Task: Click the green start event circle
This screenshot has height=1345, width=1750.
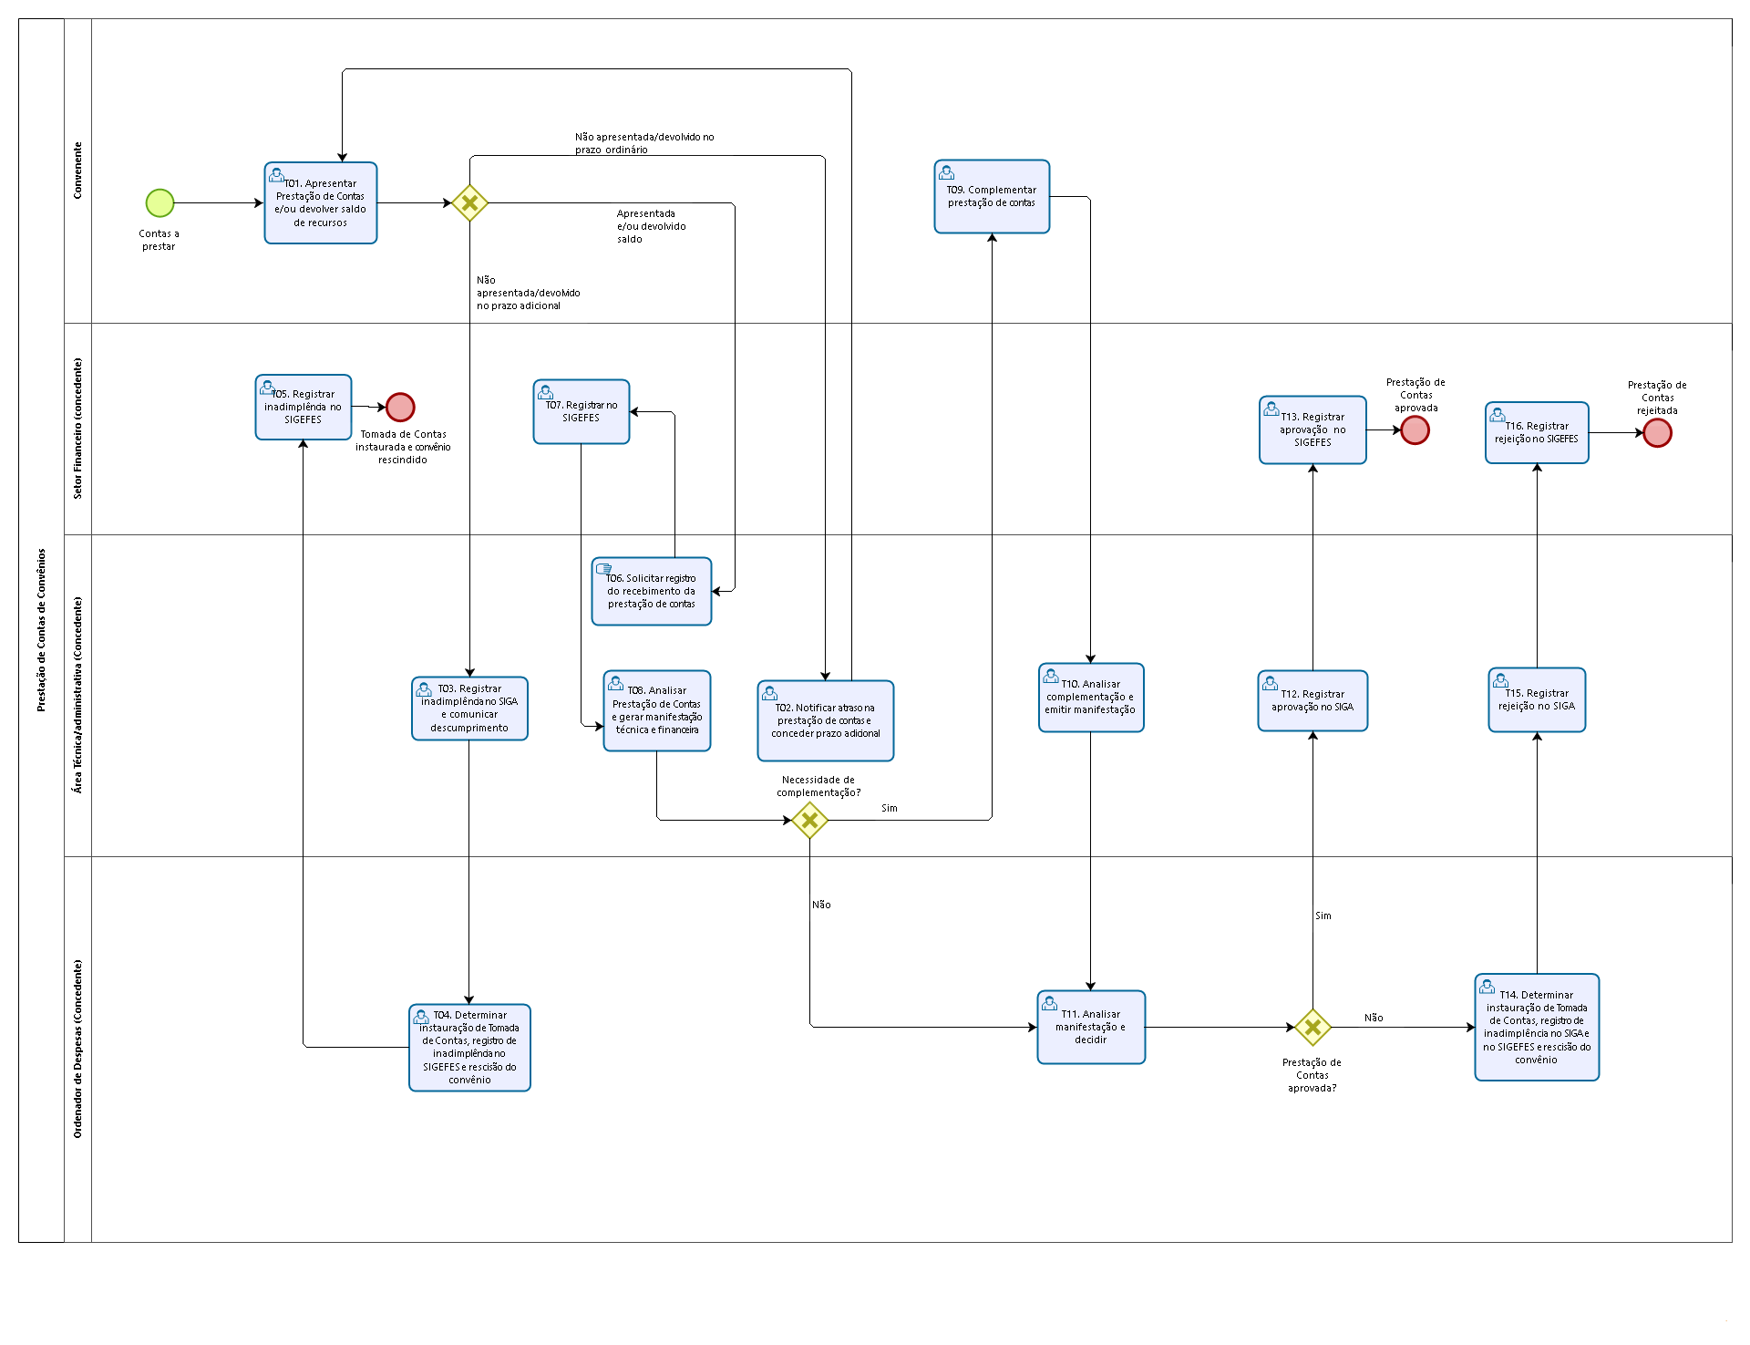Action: click(160, 202)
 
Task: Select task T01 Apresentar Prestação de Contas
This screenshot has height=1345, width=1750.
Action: click(321, 202)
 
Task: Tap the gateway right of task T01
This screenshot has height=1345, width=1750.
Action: click(469, 202)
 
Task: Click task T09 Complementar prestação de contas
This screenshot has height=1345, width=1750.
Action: click(992, 196)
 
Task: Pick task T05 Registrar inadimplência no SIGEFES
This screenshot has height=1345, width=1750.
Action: click(304, 407)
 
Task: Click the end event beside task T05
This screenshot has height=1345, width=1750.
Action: click(400, 407)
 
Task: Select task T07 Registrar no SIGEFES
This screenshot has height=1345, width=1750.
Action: click(582, 411)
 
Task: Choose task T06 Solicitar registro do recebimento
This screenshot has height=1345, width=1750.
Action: click(652, 591)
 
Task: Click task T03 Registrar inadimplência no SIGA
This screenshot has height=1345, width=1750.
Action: click(469, 709)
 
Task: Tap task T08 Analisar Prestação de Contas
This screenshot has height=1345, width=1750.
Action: click(657, 711)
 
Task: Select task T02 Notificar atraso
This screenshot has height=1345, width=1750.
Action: click(826, 720)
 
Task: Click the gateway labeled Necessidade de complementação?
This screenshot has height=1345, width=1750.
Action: click(809, 820)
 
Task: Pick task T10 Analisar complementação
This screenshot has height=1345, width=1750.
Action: click(1091, 698)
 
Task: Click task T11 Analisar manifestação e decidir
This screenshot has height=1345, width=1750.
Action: click(1091, 1027)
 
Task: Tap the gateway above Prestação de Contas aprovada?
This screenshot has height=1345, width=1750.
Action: click(1312, 1027)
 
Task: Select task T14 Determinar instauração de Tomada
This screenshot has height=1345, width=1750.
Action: click(1537, 1027)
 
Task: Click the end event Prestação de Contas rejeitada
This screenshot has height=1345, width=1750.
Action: click(1657, 433)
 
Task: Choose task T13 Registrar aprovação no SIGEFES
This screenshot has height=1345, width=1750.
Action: click(1312, 429)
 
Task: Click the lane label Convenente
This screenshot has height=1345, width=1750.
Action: click(77, 171)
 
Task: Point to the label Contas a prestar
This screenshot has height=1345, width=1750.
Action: click(159, 240)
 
